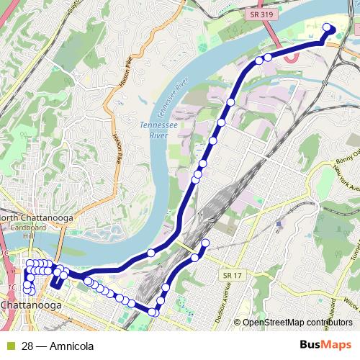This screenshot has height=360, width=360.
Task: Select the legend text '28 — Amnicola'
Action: coord(58,346)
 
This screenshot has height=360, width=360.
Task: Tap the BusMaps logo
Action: coord(326,345)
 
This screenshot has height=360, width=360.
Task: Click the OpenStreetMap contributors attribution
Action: coord(297,323)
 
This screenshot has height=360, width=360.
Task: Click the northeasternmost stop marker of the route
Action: coord(327,27)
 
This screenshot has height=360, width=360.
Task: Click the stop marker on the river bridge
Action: coord(151,253)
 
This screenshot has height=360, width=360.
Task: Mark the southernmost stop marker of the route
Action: coord(153,312)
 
